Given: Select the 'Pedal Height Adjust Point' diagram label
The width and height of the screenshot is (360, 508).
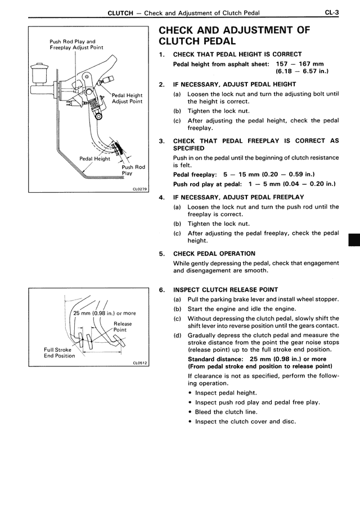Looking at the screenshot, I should [x=127, y=98].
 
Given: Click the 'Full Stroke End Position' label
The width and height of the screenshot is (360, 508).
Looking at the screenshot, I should [x=60, y=352].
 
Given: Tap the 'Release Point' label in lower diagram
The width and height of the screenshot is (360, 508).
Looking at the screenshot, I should [x=122, y=327].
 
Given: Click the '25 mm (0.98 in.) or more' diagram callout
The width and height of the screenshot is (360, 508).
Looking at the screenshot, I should [x=105, y=313].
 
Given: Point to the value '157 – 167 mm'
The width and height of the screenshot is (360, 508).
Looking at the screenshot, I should [x=304, y=63].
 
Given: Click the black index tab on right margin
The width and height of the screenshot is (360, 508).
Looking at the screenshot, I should [x=354, y=239].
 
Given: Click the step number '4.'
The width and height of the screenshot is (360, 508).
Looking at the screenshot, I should [x=162, y=197].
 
